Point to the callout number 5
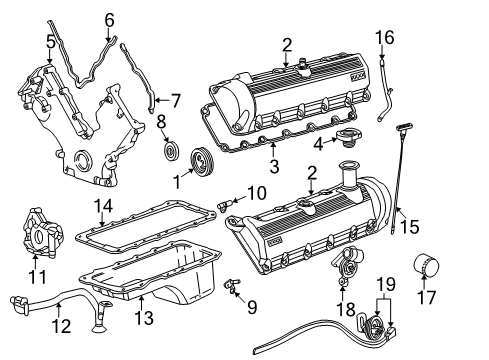(50, 41)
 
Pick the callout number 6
(110, 17)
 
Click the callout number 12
(62, 325)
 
